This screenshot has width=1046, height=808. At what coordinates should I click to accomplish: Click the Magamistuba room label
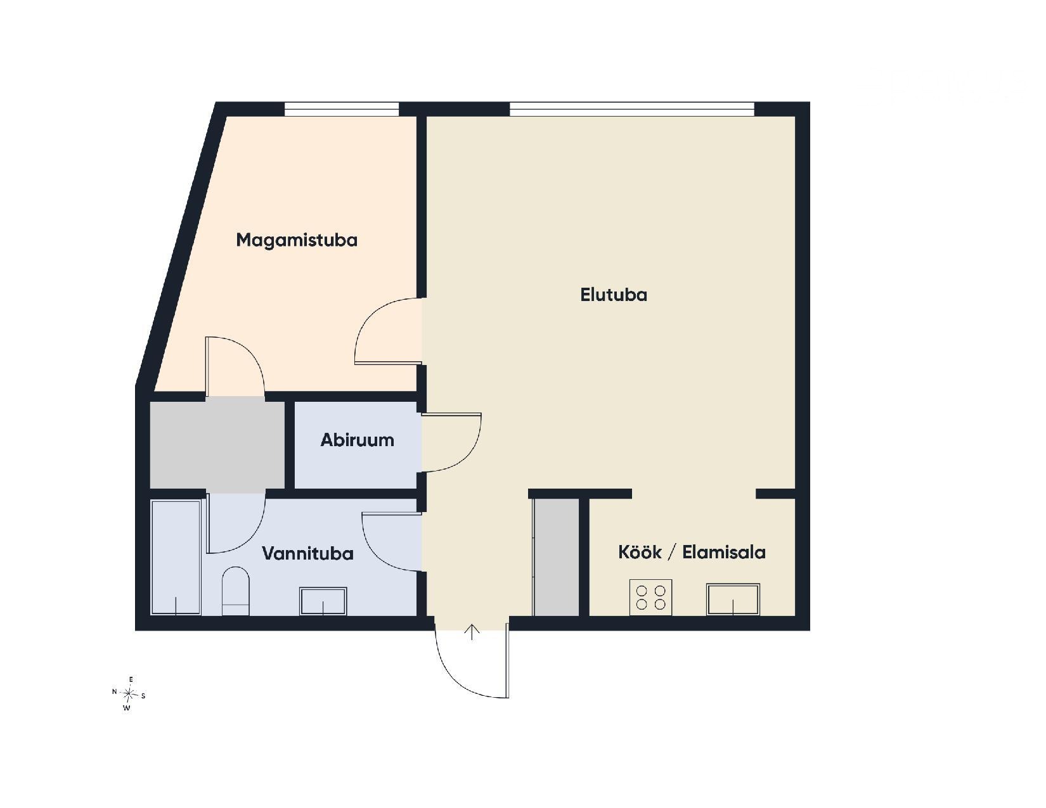(x=297, y=240)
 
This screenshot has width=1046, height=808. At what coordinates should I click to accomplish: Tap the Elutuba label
(x=613, y=295)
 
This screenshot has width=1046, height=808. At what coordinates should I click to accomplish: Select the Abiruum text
(x=357, y=440)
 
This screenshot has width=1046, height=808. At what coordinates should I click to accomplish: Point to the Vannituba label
(x=307, y=553)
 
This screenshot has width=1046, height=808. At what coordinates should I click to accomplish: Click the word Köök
(x=640, y=552)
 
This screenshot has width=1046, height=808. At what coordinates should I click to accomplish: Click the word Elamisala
(x=724, y=552)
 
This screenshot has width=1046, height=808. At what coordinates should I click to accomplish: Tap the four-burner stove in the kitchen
(x=651, y=597)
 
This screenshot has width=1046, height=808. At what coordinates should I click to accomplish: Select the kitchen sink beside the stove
(x=733, y=599)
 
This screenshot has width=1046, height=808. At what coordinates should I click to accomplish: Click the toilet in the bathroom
(x=236, y=591)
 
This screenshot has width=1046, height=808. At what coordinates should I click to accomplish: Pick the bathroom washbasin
(x=323, y=601)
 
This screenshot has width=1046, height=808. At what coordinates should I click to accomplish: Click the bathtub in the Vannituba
(x=176, y=558)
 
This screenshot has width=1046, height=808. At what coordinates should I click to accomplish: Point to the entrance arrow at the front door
(x=473, y=632)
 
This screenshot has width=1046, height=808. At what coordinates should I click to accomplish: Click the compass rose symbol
(x=129, y=693)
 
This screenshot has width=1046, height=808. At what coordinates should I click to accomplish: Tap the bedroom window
(x=342, y=109)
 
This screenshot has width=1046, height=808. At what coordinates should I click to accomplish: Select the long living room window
(x=631, y=109)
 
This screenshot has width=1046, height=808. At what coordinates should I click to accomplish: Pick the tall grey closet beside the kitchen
(x=557, y=557)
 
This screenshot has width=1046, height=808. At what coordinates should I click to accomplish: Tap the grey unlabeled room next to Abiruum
(x=217, y=445)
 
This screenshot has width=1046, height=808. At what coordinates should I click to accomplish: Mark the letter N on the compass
(x=115, y=691)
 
